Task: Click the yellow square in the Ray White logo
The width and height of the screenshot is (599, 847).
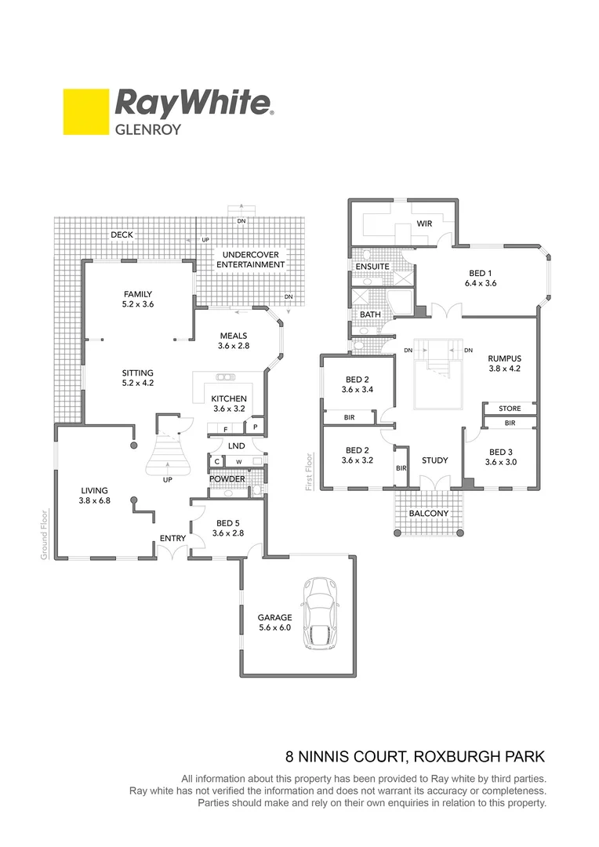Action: coord(85,112)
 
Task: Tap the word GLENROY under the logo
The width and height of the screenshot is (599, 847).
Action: coord(148,129)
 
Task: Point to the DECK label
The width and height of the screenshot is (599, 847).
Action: coord(122,234)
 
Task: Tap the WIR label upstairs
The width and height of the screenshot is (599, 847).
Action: coord(424,224)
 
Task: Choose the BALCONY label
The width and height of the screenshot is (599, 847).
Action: coord(429,514)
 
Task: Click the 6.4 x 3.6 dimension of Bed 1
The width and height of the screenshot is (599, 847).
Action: coord(481,283)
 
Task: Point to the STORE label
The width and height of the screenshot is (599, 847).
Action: coord(510,409)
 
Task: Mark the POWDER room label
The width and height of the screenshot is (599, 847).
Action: coord(227,478)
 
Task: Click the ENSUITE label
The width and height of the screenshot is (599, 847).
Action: coord(372,267)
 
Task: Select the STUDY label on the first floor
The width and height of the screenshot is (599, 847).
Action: coord(434,460)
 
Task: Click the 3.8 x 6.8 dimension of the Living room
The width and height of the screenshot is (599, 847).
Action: coord(96,500)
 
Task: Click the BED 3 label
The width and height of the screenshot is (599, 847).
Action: coord(503,452)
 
